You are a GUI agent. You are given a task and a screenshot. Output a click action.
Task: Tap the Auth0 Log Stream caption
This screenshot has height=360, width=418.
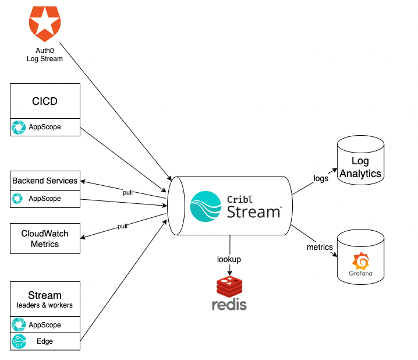tap(45, 55)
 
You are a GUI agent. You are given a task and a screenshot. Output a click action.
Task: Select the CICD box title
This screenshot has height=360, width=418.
tap(45, 101)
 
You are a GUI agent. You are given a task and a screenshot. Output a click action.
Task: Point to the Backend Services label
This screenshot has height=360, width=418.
tap(45, 181)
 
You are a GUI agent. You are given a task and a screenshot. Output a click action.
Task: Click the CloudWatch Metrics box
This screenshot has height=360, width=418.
tap(45, 239)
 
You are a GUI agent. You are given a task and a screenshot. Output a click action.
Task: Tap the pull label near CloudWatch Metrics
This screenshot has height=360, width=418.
tap(122, 226)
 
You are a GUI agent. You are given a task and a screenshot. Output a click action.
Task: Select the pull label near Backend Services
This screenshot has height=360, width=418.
tap(128, 192)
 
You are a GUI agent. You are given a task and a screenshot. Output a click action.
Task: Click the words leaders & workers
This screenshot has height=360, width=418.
tap(45, 305)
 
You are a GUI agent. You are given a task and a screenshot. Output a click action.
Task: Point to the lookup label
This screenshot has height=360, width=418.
tap(229, 259)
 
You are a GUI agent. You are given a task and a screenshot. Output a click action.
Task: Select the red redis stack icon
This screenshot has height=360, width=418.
tap(229, 286)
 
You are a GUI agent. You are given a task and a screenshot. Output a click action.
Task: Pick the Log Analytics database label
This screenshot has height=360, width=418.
tap(360, 167)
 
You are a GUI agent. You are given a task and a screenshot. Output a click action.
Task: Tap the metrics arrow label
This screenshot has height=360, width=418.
tap(320, 247)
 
